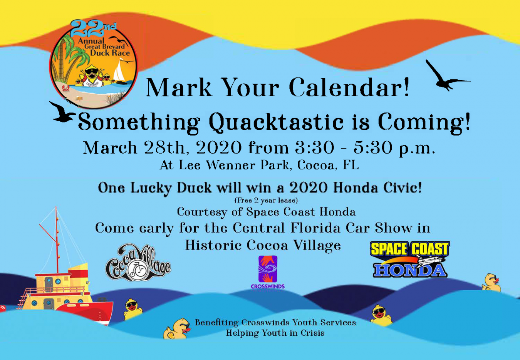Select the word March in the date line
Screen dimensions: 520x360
pyautogui.click(x=110, y=147)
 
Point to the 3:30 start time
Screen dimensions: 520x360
pyautogui.click(x=315, y=147)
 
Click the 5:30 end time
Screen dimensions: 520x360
pyautogui.click(x=373, y=147)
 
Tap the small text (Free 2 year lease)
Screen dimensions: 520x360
pyautogui.click(x=266, y=200)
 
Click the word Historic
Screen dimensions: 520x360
pyautogui.click(x=213, y=245)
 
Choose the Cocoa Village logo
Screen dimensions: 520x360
pyautogui.click(x=138, y=262)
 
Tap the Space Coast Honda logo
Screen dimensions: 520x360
pyautogui.click(x=410, y=260)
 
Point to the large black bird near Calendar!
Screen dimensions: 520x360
pyautogui.click(x=445, y=76)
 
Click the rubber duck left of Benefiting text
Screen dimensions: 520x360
pyautogui.click(x=177, y=328)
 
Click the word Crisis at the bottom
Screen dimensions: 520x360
pyautogui.click(x=312, y=333)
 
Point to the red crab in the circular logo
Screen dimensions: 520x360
pyautogui.click(x=66, y=88)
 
